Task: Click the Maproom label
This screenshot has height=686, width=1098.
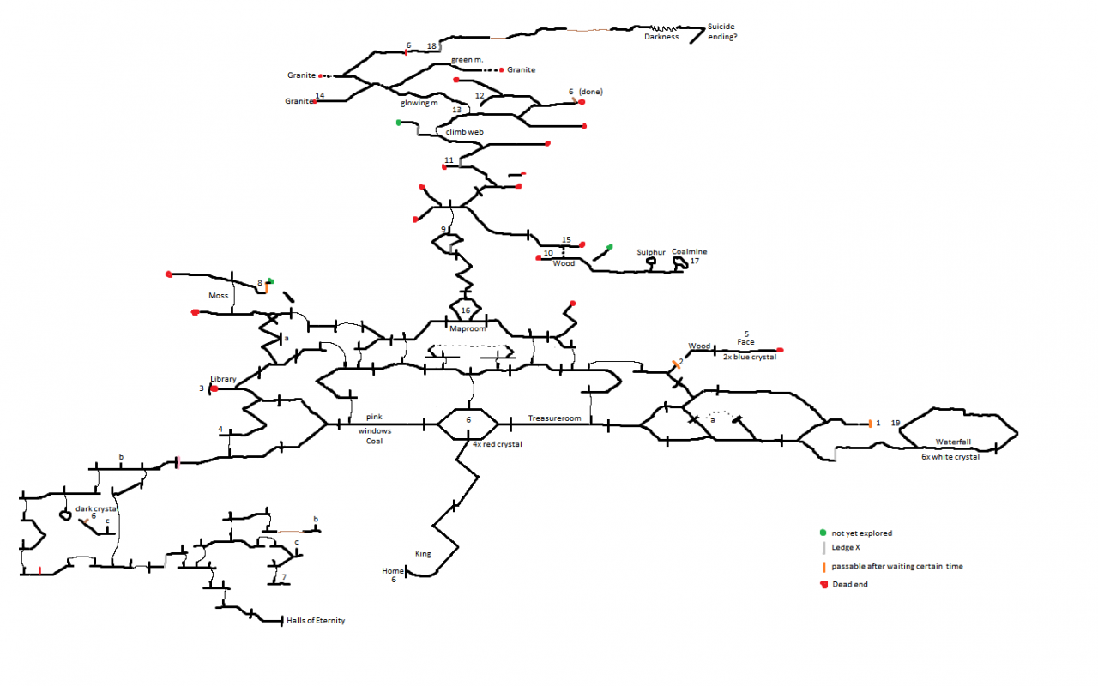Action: [468, 328]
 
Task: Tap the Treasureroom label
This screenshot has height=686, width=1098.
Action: [554, 418]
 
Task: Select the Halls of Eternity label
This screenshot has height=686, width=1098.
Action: [316, 621]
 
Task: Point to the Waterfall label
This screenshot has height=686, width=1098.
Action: [953, 442]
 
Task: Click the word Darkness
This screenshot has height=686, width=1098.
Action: [661, 37]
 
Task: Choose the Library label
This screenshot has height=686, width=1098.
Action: [223, 379]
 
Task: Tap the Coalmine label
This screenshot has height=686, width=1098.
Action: [690, 252]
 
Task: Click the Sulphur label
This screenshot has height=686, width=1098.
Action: [651, 253]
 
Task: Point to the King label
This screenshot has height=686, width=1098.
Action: [423, 554]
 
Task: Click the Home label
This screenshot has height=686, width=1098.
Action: [393, 570]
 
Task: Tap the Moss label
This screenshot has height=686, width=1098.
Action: [219, 296]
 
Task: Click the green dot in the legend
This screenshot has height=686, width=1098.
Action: [823, 533]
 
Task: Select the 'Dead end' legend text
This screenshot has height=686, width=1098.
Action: [853, 584]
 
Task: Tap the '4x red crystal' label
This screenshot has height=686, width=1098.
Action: [497, 444]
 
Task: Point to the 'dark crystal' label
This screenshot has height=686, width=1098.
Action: [96, 508]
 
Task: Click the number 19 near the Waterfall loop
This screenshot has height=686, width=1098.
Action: [896, 424]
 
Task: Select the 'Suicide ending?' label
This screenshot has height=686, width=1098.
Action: [722, 33]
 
